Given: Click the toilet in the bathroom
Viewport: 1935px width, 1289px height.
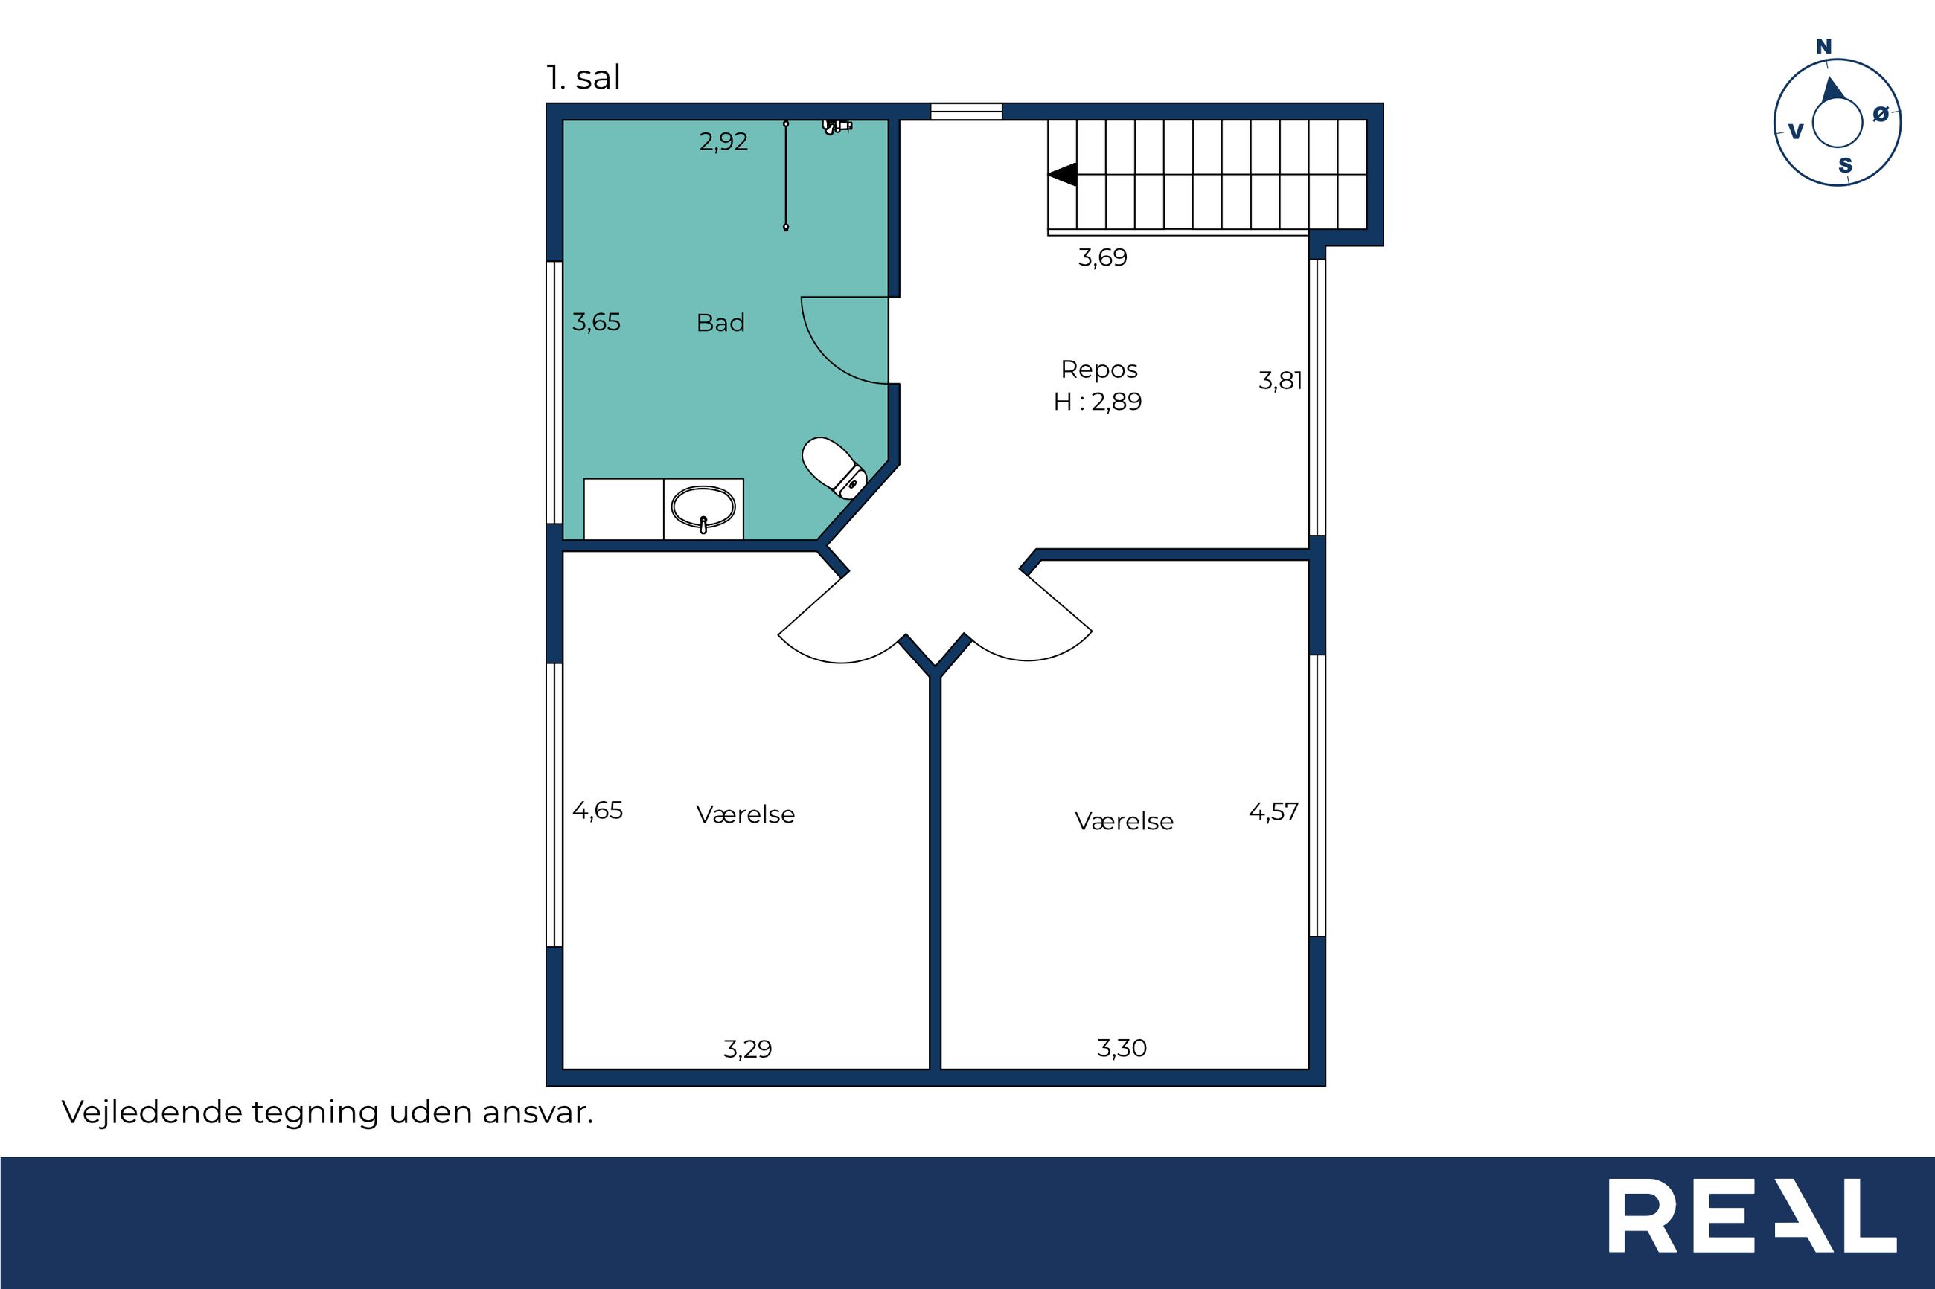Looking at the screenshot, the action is pyautogui.click(x=833, y=468).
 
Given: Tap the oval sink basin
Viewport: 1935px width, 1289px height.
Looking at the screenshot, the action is pyautogui.click(x=703, y=507).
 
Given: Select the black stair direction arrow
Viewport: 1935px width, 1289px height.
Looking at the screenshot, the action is pyautogui.click(x=1062, y=174).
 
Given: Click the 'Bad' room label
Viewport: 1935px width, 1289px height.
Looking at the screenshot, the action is pyautogui.click(x=720, y=322).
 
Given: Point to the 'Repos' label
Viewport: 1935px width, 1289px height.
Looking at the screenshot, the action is pyautogui.click(x=1098, y=370).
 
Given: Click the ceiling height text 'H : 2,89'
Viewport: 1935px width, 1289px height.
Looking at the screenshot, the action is pyautogui.click(x=1098, y=402).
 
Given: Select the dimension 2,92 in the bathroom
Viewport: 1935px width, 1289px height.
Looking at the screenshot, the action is pyautogui.click(x=723, y=141).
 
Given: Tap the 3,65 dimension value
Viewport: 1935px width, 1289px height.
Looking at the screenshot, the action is pyautogui.click(x=596, y=321).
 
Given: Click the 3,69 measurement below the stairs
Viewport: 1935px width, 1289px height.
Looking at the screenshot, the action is pyautogui.click(x=1103, y=257).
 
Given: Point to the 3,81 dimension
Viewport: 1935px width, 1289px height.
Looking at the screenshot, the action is pyautogui.click(x=1280, y=380).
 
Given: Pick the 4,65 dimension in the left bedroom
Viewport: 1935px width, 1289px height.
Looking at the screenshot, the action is pyautogui.click(x=598, y=811).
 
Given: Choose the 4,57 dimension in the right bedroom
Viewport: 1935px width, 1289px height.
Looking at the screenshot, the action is pyautogui.click(x=1274, y=811).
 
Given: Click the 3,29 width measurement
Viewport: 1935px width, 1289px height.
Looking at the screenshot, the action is pyautogui.click(x=747, y=1049).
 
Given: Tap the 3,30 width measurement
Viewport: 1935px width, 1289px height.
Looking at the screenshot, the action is pyautogui.click(x=1122, y=1048).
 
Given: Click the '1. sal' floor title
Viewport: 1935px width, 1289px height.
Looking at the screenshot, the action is pyautogui.click(x=583, y=77).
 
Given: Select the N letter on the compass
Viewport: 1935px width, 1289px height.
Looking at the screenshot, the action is pyautogui.click(x=1824, y=47).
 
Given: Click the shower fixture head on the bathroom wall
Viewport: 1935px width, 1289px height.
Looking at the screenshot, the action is pyautogui.click(x=837, y=126).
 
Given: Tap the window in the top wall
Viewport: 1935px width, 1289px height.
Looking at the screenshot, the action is pyautogui.click(x=966, y=111).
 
